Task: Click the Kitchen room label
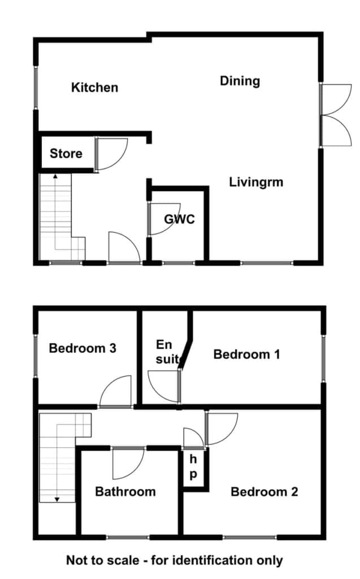tap(94, 88)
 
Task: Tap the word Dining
tap(240, 81)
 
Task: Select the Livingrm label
tap(256, 182)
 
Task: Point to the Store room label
tap(66, 153)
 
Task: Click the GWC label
tap(180, 219)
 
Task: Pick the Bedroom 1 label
tap(246, 355)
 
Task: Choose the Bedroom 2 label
tap(264, 491)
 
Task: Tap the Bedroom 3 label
tap(83, 348)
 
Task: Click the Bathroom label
tap(125, 491)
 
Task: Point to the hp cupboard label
tap(193, 467)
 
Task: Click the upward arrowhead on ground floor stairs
tap(55, 177)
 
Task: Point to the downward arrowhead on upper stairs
tap(57, 500)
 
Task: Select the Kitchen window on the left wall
tap(36, 88)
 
